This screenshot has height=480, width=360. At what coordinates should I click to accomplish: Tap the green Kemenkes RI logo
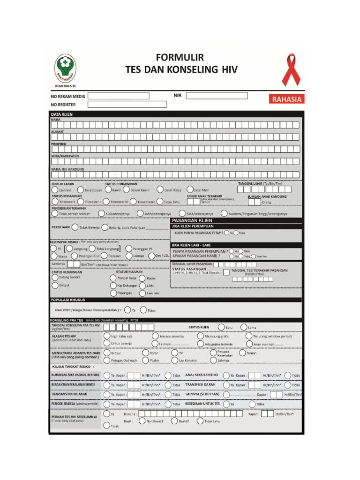pos(65,68)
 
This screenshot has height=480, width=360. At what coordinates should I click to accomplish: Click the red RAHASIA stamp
pos(286,99)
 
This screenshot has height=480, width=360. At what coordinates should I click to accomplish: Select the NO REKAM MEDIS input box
pos(119,96)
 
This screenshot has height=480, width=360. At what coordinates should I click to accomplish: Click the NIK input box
pos(217,96)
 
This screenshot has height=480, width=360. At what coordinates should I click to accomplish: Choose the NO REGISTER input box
pos(127,104)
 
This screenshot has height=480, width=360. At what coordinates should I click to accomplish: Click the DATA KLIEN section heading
pos(62,114)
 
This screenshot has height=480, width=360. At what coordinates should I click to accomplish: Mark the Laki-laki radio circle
pos(54,190)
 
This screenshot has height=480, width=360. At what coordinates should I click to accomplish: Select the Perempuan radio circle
pos(82,190)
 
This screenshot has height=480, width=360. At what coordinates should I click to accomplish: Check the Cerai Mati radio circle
pos(190,190)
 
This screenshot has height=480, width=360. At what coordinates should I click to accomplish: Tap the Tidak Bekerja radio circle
pos(75,227)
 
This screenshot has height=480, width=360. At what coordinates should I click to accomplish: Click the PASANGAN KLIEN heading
pos(192,220)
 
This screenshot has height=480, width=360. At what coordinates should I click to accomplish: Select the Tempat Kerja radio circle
pos(113,278)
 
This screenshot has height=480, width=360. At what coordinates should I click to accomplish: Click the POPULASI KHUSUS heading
pos(67,300)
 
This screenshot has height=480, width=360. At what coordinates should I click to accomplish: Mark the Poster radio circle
pos(145,360)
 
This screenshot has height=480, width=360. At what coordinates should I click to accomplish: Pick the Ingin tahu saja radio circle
pos(107,336)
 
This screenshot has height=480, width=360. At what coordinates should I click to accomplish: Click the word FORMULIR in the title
pos(180,58)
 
